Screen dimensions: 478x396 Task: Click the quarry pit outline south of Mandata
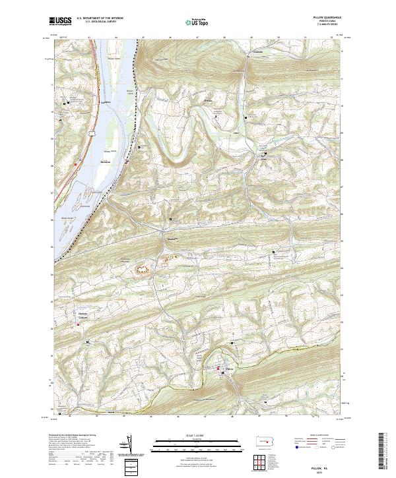(143, 269)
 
